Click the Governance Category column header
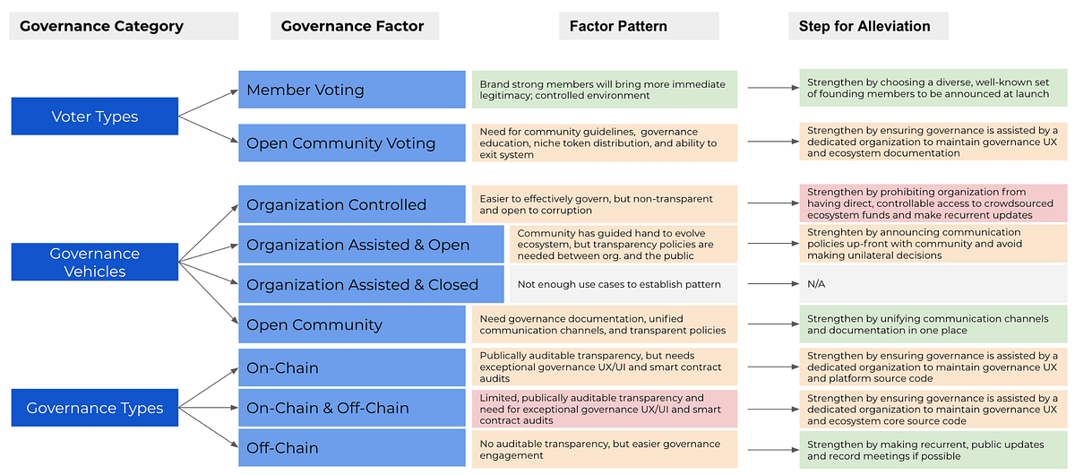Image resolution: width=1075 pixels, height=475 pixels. tap(124, 26)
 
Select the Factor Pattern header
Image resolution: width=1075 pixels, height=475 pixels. tap(639, 26)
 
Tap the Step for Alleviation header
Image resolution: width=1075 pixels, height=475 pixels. tap(868, 26)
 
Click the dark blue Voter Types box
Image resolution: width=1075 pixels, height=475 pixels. tap(95, 117)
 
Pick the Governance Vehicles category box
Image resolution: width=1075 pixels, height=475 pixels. tap(95, 262)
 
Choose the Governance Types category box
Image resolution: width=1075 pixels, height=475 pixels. tap(95, 408)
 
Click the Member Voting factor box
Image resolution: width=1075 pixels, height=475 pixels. tap(352, 90)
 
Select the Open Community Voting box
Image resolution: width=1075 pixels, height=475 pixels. tap(352, 142)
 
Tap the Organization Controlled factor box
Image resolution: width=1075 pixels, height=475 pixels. tap(352, 204)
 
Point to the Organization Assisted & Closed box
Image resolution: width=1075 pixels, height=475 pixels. tap(371, 284)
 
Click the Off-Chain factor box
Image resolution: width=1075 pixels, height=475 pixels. tap(352, 447)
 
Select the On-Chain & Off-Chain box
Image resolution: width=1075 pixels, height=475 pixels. tap(352, 408)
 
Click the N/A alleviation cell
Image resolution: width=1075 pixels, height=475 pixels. tap(933, 284)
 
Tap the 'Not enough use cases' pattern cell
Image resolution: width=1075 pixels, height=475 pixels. tap(623, 284)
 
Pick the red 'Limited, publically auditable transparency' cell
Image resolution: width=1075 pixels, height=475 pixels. tap(605, 409)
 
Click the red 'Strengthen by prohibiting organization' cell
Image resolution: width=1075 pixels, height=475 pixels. tap(933, 203)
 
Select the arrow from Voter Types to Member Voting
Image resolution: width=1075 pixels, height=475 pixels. tap(208, 103)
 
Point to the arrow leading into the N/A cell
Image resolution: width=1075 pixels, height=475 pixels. tap(773, 284)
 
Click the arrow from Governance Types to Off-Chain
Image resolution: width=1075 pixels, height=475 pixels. tap(208, 427)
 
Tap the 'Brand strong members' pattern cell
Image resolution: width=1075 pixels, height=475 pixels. tap(605, 90)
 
